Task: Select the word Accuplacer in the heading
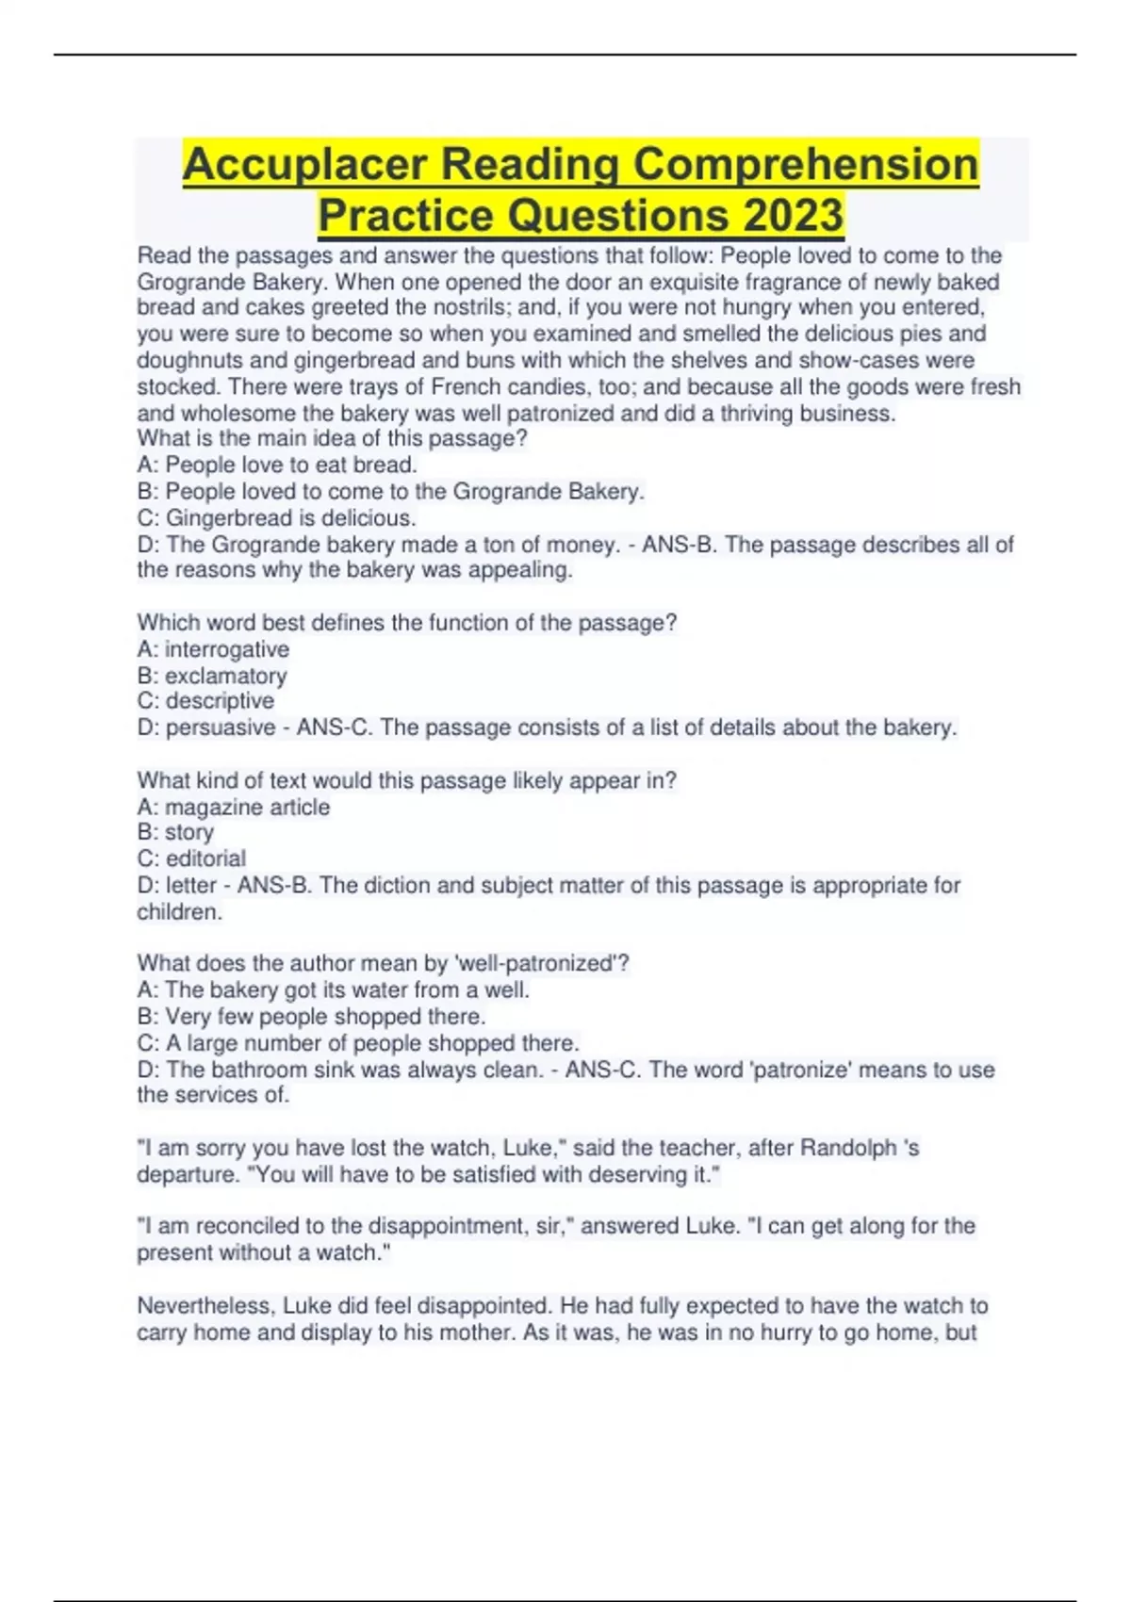click(304, 164)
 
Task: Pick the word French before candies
click(466, 386)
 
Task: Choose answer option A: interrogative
click(213, 649)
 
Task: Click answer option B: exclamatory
click(212, 676)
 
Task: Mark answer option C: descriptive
click(205, 701)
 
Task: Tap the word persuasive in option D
click(221, 727)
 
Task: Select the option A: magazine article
click(234, 807)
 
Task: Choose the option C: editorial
click(191, 858)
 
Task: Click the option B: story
click(175, 832)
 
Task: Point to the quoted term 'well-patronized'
click(534, 963)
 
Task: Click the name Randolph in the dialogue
click(848, 1148)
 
